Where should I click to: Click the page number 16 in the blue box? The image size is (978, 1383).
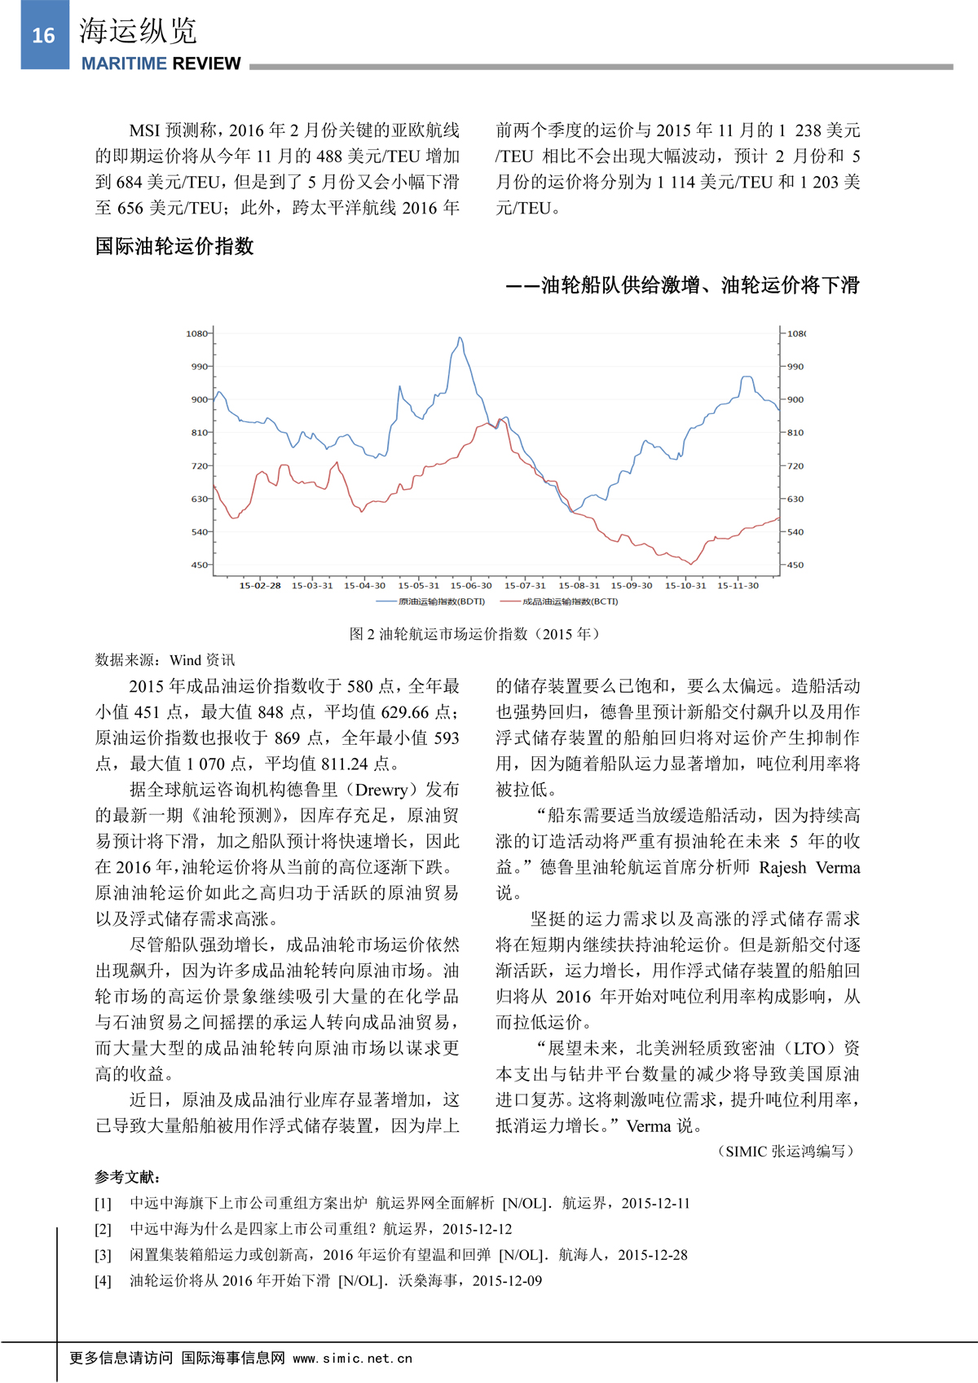[44, 35]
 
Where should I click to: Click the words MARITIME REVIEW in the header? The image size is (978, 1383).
[161, 64]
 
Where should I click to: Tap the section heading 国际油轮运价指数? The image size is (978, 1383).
[174, 246]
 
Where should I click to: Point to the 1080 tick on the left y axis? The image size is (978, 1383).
[196, 333]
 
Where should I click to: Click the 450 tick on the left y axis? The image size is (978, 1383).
[199, 565]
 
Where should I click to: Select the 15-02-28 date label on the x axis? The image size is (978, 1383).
[260, 585]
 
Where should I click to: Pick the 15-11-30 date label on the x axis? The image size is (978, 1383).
[738, 585]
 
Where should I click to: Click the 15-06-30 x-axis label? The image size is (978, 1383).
[471, 585]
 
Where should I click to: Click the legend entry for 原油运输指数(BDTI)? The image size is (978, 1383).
[440, 601]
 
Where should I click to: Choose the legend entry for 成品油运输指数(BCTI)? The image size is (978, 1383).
[569, 601]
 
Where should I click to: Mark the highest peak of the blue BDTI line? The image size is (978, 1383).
[460, 337]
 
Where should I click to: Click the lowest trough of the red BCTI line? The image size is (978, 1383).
[691, 563]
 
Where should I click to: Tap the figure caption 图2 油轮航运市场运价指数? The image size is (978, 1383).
[474, 633]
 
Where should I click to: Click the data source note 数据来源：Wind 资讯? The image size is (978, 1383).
[165, 659]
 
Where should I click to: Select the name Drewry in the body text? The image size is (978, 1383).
[381, 789]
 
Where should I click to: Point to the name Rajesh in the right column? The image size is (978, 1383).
[782, 867]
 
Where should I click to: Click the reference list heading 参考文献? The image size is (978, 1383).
[127, 1177]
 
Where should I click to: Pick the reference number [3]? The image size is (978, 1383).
[104, 1255]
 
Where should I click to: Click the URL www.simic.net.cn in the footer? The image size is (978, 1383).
[352, 1359]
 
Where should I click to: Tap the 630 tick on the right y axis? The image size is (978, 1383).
[795, 499]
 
